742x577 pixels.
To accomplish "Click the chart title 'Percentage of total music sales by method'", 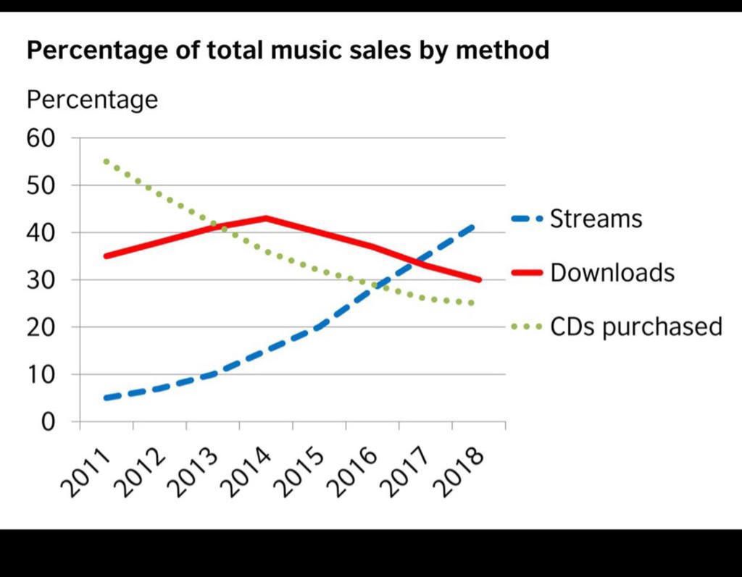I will (x=288, y=51).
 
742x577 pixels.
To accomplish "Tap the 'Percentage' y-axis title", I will (x=92, y=99).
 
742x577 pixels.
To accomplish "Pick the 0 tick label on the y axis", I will (x=47, y=421).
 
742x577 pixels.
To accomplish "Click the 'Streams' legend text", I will (x=596, y=219).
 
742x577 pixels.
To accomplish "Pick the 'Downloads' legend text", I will (x=612, y=273).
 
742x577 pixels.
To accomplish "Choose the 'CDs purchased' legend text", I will (x=636, y=327).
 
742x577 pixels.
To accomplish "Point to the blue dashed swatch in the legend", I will (x=527, y=219).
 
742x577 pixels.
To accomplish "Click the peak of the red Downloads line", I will (x=266, y=217).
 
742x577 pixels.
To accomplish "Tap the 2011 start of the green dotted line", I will (x=107, y=161).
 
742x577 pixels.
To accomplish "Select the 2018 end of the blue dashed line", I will (x=475, y=225).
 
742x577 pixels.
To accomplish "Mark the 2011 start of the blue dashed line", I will (x=107, y=398).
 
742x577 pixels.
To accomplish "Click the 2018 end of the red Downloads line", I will (x=478, y=279).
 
